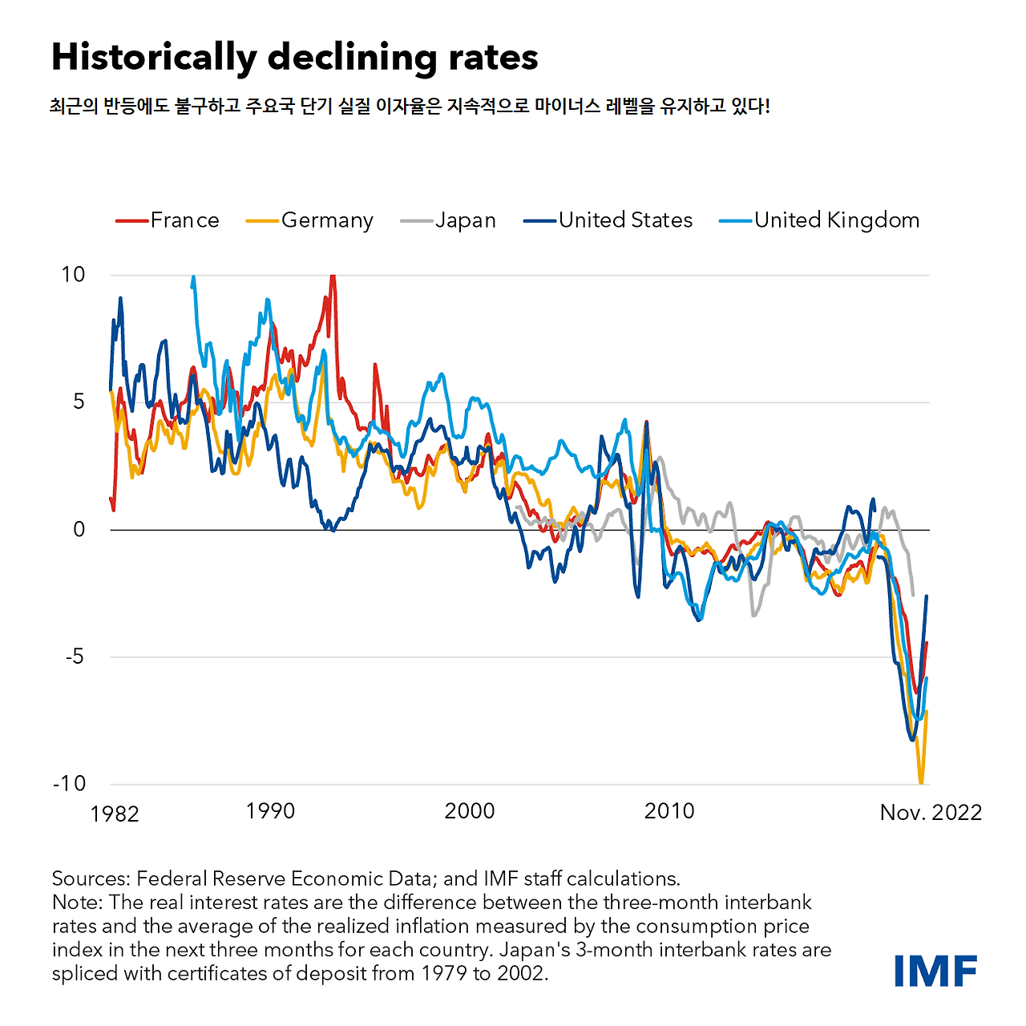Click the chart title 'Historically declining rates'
pyautogui.click(x=294, y=58)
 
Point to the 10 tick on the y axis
pyautogui.click(x=73, y=275)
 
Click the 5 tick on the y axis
pyautogui.click(x=79, y=402)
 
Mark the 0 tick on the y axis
pyautogui.click(x=79, y=529)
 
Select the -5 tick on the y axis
pyautogui.click(x=74, y=656)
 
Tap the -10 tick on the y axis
pyautogui.click(x=69, y=783)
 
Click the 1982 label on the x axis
pyautogui.click(x=115, y=814)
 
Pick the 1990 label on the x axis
pyautogui.click(x=270, y=811)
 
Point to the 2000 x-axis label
pyautogui.click(x=470, y=811)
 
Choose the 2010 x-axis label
pyautogui.click(x=669, y=811)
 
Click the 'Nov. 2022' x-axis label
pyautogui.click(x=931, y=813)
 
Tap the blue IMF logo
pyautogui.click(x=935, y=971)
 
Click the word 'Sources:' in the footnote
pyautogui.click(x=91, y=879)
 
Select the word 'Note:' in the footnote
pyautogui.click(x=78, y=903)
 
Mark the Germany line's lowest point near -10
pyautogui.click(x=921, y=782)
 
